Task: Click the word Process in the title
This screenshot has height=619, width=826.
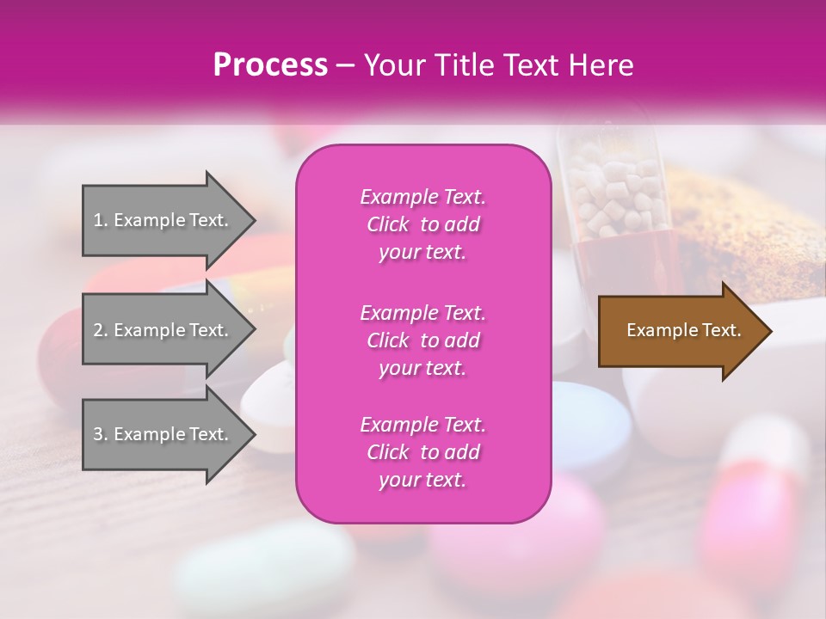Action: tap(270, 65)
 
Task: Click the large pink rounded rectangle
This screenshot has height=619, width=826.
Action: tap(422, 334)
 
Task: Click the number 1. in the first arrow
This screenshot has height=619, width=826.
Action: tap(101, 220)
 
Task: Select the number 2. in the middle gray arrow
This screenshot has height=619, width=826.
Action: tap(101, 330)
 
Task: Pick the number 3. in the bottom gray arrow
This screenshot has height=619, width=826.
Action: tap(101, 434)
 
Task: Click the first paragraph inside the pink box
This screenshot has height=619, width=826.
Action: tap(422, 224)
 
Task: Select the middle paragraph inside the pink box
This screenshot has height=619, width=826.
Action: tap(422, 340)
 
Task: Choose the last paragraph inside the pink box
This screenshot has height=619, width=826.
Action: tap(422, 452)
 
